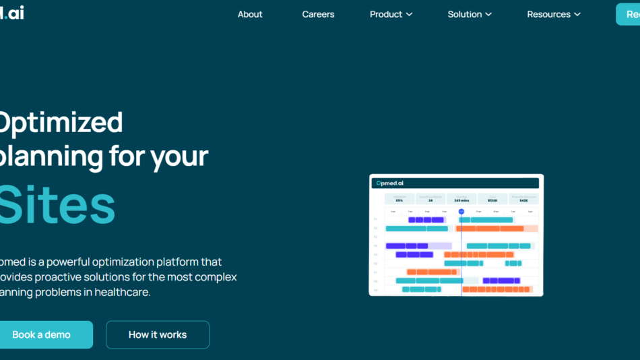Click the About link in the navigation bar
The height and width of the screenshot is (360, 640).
tap(250, 14)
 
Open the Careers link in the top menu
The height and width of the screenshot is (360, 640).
tap(318, 14)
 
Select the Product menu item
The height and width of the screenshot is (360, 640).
tap(386, 14)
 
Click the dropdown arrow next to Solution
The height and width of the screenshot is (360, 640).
tap(488, 14)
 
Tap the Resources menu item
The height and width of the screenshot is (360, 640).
tap(548, 14)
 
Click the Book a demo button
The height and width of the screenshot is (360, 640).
tap(42, 334)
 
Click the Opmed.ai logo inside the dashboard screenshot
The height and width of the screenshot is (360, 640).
tap(390, 183)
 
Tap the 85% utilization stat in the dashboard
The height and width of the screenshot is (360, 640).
tap(399, 200)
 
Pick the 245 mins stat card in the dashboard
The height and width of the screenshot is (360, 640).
tap(461, 200)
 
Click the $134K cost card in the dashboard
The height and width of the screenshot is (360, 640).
tap(492, 200)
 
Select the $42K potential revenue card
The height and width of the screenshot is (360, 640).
tap(523, 200)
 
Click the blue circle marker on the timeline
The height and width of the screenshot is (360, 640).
tap(461, 211)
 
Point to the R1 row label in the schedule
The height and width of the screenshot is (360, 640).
tap(375, 220)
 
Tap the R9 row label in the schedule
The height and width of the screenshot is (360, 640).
tap(375, 289)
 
